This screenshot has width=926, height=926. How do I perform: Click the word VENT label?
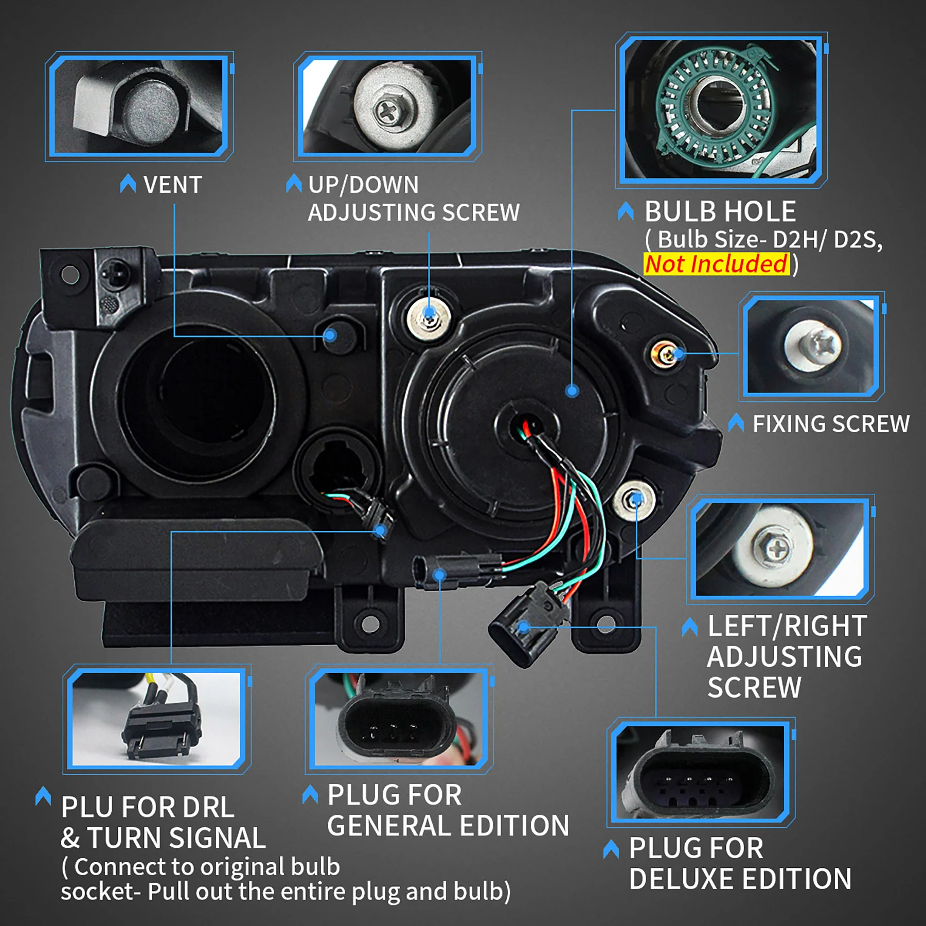(x=172, y=185)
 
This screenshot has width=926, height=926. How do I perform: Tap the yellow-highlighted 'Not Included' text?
(x=716, y=264)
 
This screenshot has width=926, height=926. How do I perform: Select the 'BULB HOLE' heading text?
(x=720, y=211)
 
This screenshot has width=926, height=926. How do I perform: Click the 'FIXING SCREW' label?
(x=831, y=424)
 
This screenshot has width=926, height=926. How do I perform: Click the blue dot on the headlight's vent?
(x=330, y=336)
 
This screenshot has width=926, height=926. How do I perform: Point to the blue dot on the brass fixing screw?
(x=679, y=353)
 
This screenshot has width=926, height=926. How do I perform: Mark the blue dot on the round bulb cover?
(x=572, y=391)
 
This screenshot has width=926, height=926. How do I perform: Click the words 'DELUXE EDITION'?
(x=740, y=879)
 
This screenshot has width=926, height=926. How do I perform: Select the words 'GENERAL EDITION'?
(x=448, y=826)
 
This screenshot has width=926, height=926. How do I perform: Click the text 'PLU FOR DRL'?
(x=148, y=807)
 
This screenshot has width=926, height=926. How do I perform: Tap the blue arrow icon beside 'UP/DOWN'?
(x=294, y=184)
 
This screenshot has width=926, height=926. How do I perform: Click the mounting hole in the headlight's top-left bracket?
(x=70, y=275)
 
